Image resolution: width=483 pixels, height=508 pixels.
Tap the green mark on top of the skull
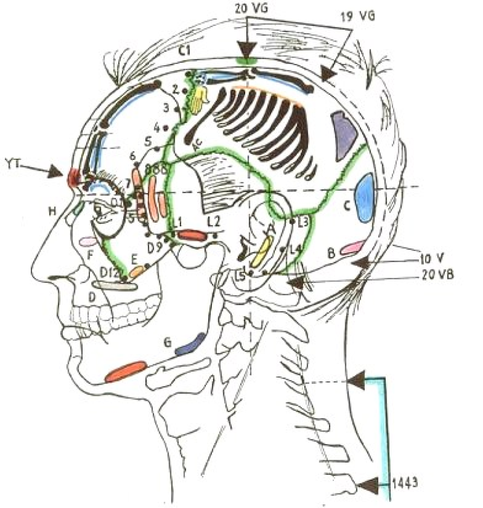(246, 60)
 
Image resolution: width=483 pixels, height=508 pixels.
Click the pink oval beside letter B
(353, 247)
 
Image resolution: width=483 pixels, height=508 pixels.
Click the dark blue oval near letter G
(190, 343)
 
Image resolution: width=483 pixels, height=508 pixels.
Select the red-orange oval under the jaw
(126, 371)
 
